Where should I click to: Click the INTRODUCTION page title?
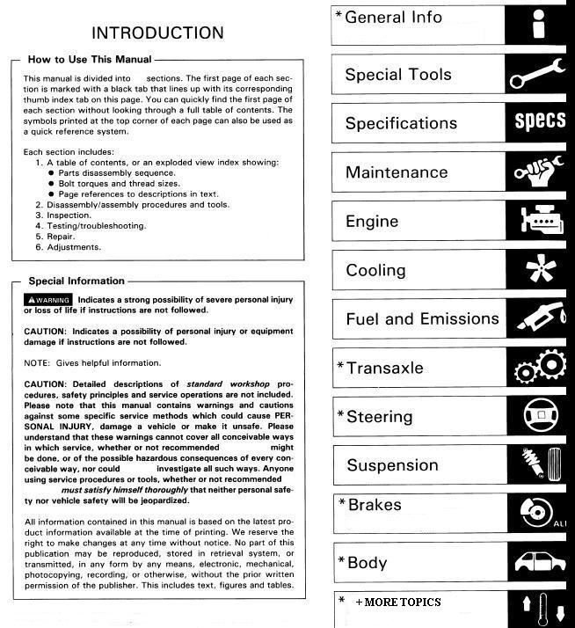click(x=157, y=33)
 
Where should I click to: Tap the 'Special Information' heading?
click(x=76, y=281)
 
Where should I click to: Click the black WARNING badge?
click(x=48, y=300)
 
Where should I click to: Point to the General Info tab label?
click(x=393, y=18)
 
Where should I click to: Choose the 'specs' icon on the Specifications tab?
click(x=539, y=121)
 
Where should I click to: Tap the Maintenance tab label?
click(x=397, y=172)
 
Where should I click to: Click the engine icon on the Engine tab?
click(x=538, y=220)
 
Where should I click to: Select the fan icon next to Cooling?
click(x=538, y=269)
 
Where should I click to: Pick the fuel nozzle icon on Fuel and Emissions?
click(x=538, y=318)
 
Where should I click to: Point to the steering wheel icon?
click(x=538, y=417)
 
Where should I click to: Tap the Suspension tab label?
click(x=392, y=465)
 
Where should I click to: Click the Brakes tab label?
click(x=375, y=506)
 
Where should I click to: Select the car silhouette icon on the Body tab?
click(x=538, y=561)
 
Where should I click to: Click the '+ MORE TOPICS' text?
click(x=398, y=602)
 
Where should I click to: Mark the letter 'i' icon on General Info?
click(x=539, y=25)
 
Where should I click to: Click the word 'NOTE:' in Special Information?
click(x=37, y=362)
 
